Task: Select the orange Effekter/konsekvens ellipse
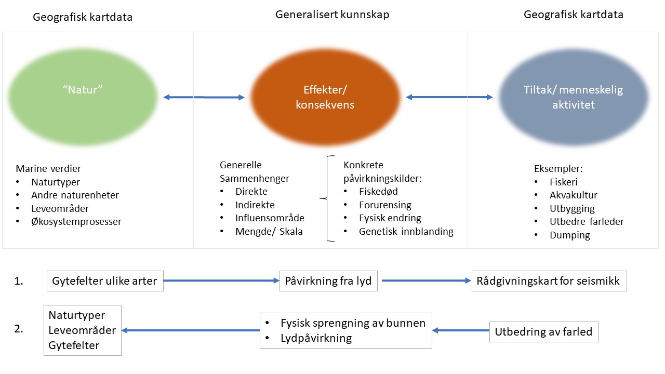pyautogui.click(x=325, y=97)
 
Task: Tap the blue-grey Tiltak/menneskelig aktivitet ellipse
pyautogui.click(x=573, y=97)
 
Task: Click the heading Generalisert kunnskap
pyautogui.click(x=332, y=15)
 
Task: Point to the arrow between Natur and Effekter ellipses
pyautogui.click(x=204, y=97)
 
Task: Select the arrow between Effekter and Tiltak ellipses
pyautogui.click(x=449, y=97)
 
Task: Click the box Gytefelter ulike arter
pyautogui.click(x=105, y=282)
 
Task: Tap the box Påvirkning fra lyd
pyautogui.click(x=328, y=282)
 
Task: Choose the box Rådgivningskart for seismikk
pyautogui.click(x=549, y=282)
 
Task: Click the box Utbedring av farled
pyautogui.click(x=543, y=331)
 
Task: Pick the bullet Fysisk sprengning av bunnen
pyautogui.click(x=353, y=323)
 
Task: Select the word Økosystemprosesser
pyautogui.click(x=76, y=221)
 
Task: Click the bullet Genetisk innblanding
pyautogui.click(x=406, y=232)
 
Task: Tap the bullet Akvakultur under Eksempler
pyautogui.click(x=573, y=195)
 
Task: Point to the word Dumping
pyautogui.click(x=569, y=235)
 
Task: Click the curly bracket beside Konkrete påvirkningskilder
pyautogui.click(x=328, y=198)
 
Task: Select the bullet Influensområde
pyautogui.click(x=270, y=218)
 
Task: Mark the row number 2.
pyautogui.click(x=19, y=330)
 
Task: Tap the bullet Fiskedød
pyautogui.click(x=378, y=192)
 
